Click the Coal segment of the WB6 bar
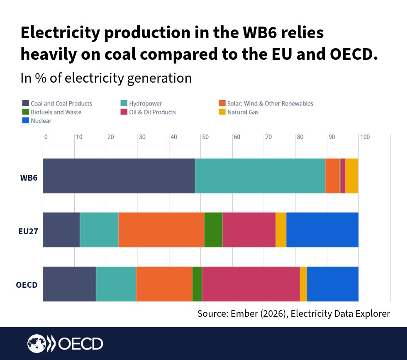pos(119,176)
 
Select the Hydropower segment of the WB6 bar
pos(260,176)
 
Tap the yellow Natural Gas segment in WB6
pos(351,176)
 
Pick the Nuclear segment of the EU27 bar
pos(322,230)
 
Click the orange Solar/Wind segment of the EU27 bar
pos(161,230)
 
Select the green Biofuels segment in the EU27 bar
pos(213,230)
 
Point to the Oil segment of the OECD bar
pos(251,284)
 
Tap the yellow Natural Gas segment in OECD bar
pos(303,284)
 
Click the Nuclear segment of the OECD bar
pos(333,284)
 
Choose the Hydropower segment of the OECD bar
pos(116,284)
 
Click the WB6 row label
pos(29,178)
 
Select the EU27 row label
pos(28,232)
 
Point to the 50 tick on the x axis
pos(205,137)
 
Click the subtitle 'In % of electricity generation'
pos(106,78)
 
